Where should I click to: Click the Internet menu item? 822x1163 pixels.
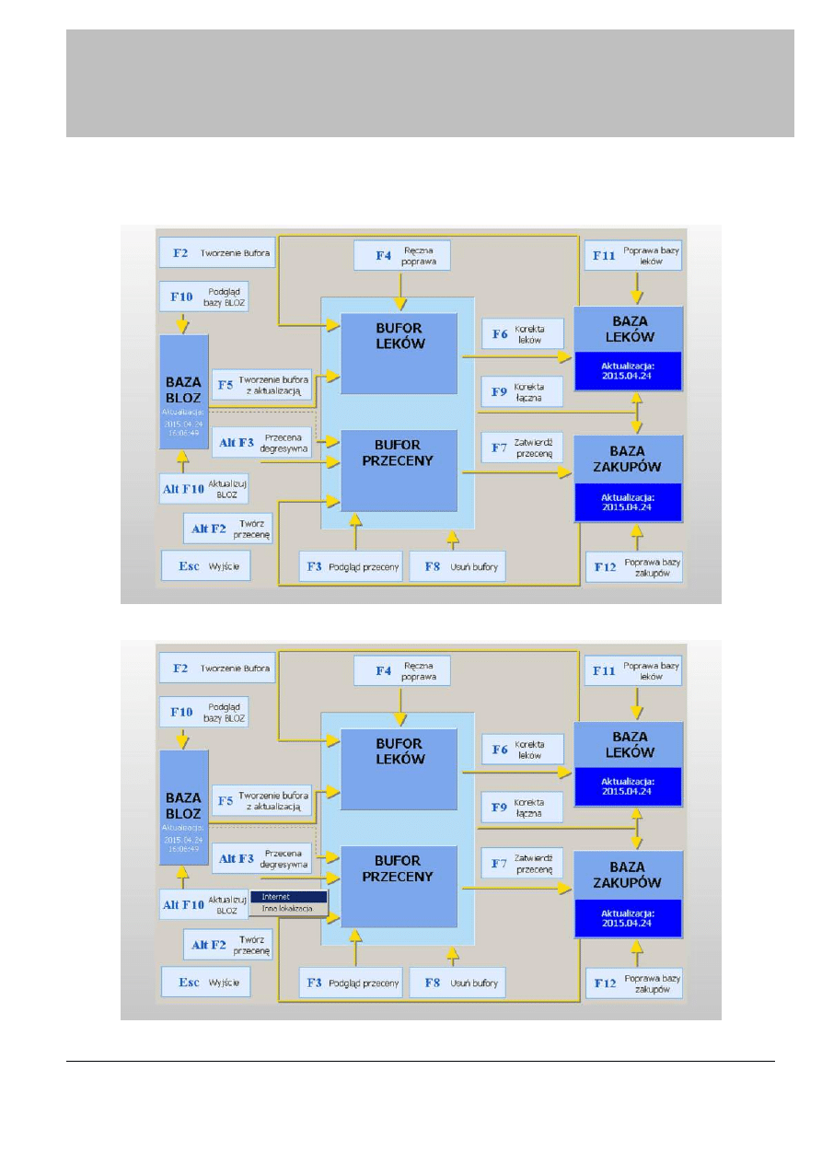tap(288, 897)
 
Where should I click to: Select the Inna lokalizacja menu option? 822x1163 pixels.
tap(288, 909)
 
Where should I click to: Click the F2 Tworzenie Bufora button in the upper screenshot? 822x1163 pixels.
tap(217, 251)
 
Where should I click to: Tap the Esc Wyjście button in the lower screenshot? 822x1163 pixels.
tap(205, 982)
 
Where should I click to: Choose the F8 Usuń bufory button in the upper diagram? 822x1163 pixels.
tap(457, 566)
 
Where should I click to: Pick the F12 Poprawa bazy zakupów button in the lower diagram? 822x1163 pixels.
tap(634, 983)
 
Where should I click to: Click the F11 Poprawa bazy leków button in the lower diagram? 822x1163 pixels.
tap(633, 671)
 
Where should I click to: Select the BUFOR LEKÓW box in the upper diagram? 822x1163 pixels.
tap(399, 354)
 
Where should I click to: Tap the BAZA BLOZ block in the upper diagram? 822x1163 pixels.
tap(183, 392)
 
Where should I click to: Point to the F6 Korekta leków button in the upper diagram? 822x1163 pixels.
tap(522, 333)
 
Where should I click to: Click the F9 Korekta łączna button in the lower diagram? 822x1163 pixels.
tap(522, 807)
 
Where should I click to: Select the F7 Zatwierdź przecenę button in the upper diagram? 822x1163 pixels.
tap(522, 448)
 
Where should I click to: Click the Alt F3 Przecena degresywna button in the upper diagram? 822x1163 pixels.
tap(260, 442)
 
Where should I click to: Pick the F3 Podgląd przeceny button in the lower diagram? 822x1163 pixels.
tap(351, 983)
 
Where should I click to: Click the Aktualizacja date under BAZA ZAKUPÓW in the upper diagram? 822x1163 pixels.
tap(628, 502)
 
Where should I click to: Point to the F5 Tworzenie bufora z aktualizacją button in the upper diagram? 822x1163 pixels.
tap(262, 385)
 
